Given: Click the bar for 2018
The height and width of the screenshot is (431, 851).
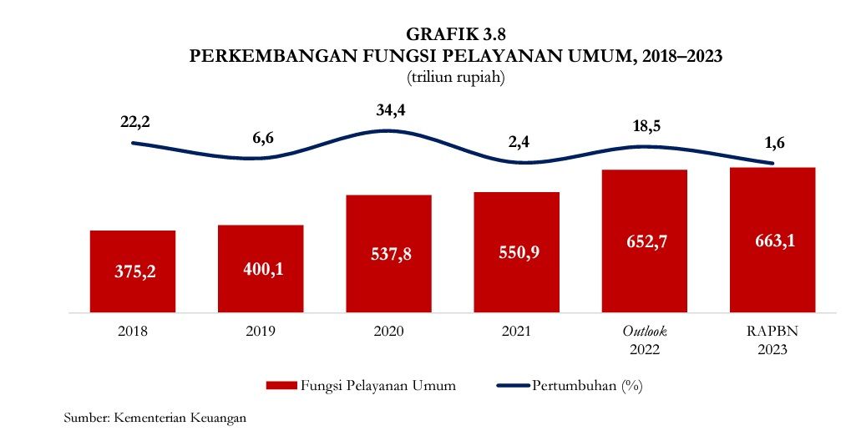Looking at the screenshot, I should [133, 270].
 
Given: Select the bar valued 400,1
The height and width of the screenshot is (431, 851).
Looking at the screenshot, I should [261, 267].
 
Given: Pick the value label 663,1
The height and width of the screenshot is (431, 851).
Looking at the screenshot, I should [772, 241].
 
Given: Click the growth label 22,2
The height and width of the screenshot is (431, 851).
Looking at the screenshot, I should [136, 122].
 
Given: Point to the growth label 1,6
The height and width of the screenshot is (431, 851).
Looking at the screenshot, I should [775, 142].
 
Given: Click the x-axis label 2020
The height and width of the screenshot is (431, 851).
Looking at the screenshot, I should [388, 332].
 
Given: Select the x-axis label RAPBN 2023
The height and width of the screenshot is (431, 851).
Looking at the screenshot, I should [772, 341].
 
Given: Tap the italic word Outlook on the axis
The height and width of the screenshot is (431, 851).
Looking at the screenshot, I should [644, 332].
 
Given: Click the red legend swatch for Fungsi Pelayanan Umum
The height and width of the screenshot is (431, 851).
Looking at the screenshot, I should [281, 386].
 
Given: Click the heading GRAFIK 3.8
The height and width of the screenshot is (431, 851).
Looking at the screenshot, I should [455, 35].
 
